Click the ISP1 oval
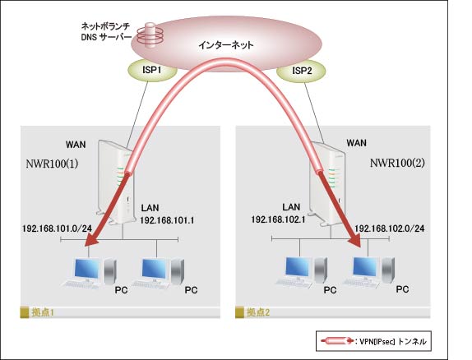[151, 71]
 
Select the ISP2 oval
[301, 72]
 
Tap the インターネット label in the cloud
[226, 45]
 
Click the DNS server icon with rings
[150, 35]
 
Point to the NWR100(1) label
[52, 164]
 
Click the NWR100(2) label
[397, 163]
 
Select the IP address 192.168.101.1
[167, 220]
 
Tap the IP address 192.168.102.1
[278, 219]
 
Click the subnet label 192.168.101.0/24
[57, 228]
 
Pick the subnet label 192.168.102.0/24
[390, 228]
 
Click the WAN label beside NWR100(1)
[76, 145]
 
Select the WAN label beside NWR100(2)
[356, 143]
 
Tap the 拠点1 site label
[43, 312]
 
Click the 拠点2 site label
[258, 312]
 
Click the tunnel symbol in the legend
[337, 341]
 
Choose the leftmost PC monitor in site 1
[87, 269]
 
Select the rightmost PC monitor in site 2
[366, 268]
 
